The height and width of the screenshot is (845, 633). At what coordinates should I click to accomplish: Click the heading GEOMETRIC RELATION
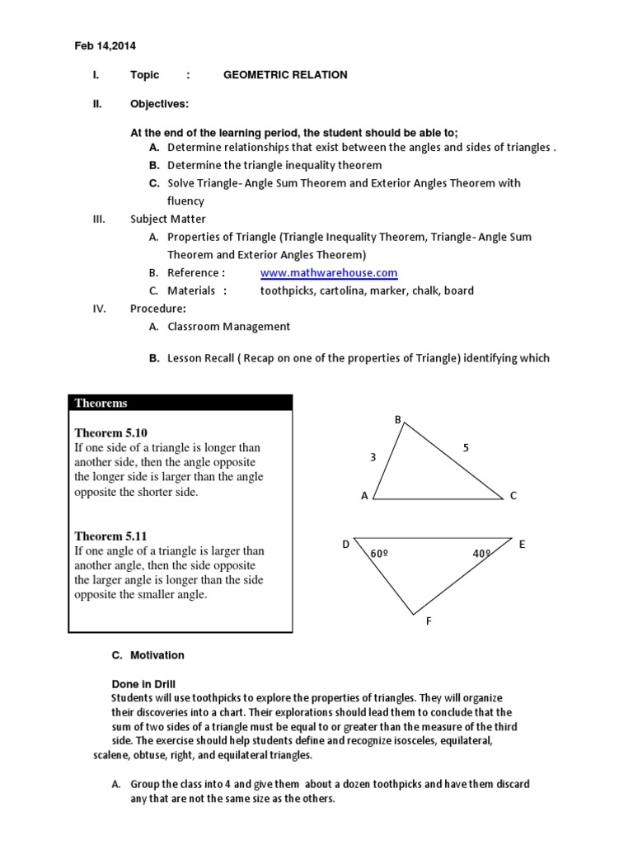click(x=285, y=75)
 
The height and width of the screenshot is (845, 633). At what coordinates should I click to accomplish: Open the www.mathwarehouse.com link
click(x=329, y=273)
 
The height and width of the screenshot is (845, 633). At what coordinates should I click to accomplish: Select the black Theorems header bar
click(x=180, y=403)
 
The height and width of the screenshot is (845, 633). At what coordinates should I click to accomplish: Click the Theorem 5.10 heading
click(x=110, y=432)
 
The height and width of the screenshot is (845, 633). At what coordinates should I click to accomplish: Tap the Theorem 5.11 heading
click(x=110, y=536)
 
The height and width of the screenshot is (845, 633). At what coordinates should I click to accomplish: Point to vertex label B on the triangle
click(x=397, y=420)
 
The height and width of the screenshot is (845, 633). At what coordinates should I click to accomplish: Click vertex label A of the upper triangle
click(x=364, y=496)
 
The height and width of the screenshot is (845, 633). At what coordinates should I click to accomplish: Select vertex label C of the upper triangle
click(x=513, y=496)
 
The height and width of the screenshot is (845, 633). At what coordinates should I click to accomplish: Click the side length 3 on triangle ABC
click(x=373, y=456)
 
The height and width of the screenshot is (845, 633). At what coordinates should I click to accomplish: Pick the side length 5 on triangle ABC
click(x=466, y=448)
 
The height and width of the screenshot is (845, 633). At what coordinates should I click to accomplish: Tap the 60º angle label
click(x=379, y=554)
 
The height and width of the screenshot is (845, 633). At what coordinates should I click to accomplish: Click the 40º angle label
click(x=481, y=554)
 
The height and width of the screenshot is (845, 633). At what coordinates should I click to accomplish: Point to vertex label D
click(x=346, y=545)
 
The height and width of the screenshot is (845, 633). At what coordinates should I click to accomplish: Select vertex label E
click(x=522, y=545)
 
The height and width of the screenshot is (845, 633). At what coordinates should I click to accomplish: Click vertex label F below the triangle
click(x=429, y=621)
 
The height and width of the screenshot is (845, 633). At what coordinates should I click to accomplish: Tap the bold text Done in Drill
click(x=143, y=684)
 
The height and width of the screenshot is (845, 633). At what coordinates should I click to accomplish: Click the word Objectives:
click(x=159, y=104)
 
